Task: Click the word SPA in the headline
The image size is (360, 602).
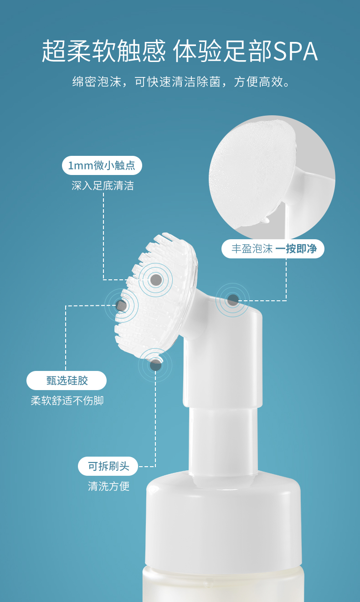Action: [296, 51]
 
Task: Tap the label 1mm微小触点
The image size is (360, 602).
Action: [102, 165]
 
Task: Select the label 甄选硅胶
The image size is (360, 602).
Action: [67, 381]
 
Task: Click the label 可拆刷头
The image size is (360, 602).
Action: [108, 466]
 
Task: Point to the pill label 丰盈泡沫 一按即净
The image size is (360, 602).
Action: [273, 249]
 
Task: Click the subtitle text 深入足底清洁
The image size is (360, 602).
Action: [103, 186]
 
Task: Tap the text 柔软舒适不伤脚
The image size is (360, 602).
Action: [67, 401]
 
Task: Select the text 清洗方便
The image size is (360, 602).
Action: [108, 486]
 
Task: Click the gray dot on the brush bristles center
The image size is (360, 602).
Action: [156, 280]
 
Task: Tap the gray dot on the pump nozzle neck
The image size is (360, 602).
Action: [233, 300]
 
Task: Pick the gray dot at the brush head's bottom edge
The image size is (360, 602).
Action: [155, 365]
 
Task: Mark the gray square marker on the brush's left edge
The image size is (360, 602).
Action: [121, 306]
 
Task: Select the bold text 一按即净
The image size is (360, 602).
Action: [296, 249]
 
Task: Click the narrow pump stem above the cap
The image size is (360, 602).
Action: [223, 441]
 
